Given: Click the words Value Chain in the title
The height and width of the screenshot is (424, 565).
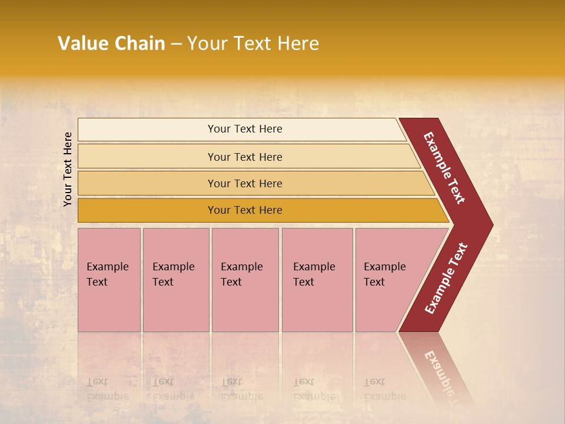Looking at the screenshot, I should tap(111, 44).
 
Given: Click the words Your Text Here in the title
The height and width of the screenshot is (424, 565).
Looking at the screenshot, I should tap(253, 44).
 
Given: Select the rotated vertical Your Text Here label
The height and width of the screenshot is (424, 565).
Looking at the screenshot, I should tap(68, 169).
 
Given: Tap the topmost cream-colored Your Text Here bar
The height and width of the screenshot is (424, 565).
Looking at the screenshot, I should tap(244, 129).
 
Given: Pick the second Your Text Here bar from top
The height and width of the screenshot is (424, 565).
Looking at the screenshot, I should tap(244, 157).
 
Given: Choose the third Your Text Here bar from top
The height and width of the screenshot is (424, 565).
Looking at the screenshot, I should tap(244, 183).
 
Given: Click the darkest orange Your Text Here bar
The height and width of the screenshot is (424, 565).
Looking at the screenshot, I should tap(244, 210).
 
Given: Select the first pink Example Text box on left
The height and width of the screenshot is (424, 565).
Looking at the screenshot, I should tap(109, 279).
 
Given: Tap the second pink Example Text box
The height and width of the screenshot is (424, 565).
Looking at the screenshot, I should tap(175, 279).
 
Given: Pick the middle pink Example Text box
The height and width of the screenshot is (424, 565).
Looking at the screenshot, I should tap(245, 279).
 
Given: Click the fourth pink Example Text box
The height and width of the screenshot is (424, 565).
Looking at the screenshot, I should tap(317, 279).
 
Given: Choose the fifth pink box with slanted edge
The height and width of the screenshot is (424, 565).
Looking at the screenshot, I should tap(388, 279).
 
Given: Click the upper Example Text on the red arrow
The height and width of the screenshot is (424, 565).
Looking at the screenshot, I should tap(444, 168).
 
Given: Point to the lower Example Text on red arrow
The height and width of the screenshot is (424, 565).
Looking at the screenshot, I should tap(446, 279).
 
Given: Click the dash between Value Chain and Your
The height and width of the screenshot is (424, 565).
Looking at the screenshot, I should tap(176, 44).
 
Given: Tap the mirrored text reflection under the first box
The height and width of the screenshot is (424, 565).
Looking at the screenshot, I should tap(108, 389).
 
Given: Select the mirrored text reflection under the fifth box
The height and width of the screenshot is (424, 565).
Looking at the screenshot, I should tap(385, 389).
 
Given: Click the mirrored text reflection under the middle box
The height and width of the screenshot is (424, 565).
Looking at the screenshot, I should tap(242, 389).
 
